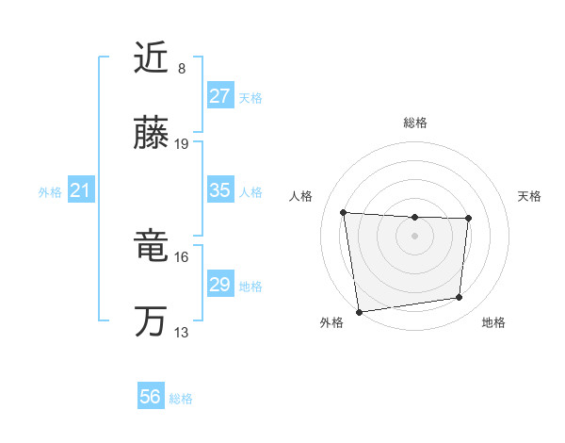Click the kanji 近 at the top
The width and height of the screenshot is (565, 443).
click(151, 58)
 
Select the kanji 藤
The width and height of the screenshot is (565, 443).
click(151, 134)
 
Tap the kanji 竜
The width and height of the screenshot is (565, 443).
click(151, 248)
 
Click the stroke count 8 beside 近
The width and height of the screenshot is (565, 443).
click(182, 69)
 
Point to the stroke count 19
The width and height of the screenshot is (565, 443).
click(183, 144)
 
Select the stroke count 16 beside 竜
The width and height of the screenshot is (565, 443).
click(183, 257)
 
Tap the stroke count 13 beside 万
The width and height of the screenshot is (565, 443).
click(183, 333)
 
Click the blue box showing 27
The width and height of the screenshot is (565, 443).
click(219, 96)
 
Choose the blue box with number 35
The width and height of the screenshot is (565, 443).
click(219, 190)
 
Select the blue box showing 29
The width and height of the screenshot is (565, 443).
click(219, 285)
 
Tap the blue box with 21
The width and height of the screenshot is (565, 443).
click(80, 191)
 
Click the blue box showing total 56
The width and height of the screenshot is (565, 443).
click(151, 397)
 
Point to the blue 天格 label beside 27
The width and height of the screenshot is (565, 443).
click(250, 97)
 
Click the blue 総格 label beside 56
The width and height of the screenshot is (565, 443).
click(181, 399)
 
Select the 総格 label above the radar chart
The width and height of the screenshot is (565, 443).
click(415, 123)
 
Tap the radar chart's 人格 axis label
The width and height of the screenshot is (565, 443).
click(301, 196)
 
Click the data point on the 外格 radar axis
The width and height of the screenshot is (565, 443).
click(359, 311)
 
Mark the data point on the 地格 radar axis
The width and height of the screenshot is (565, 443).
click(460, 298)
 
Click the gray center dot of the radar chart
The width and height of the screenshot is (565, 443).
click(415, 235)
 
